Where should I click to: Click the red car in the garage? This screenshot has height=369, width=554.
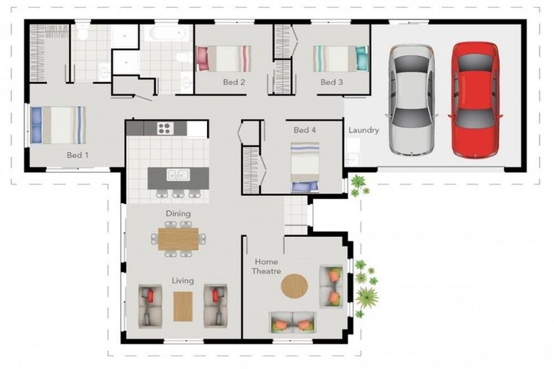point(475,99)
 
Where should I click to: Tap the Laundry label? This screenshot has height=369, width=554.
point(364,130)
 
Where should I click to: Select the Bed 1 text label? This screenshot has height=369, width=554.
point(78,155)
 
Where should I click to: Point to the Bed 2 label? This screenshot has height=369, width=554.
point(234,82)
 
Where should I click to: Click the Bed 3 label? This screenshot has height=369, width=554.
point(331,82)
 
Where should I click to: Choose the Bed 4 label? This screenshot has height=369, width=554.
point(304,130)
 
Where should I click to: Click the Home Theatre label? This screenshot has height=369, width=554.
point(266,266)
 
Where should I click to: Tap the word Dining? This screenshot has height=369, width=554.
point(178,213)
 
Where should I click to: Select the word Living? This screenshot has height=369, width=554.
point(183,280)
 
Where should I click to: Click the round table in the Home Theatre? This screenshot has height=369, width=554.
point(294,286)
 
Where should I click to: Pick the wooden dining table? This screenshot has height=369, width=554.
point(178,239)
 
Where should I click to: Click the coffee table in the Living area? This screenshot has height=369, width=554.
point(183,306)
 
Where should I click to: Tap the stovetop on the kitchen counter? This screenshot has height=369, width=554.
point(164,128)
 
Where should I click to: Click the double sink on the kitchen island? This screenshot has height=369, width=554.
point(177,174)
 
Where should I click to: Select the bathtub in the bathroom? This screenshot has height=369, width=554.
point(167,33)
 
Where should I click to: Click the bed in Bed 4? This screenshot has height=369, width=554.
point(304,166)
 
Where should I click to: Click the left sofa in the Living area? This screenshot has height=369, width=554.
point(151,305)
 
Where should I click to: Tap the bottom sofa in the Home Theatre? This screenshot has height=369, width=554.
point(293,322)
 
